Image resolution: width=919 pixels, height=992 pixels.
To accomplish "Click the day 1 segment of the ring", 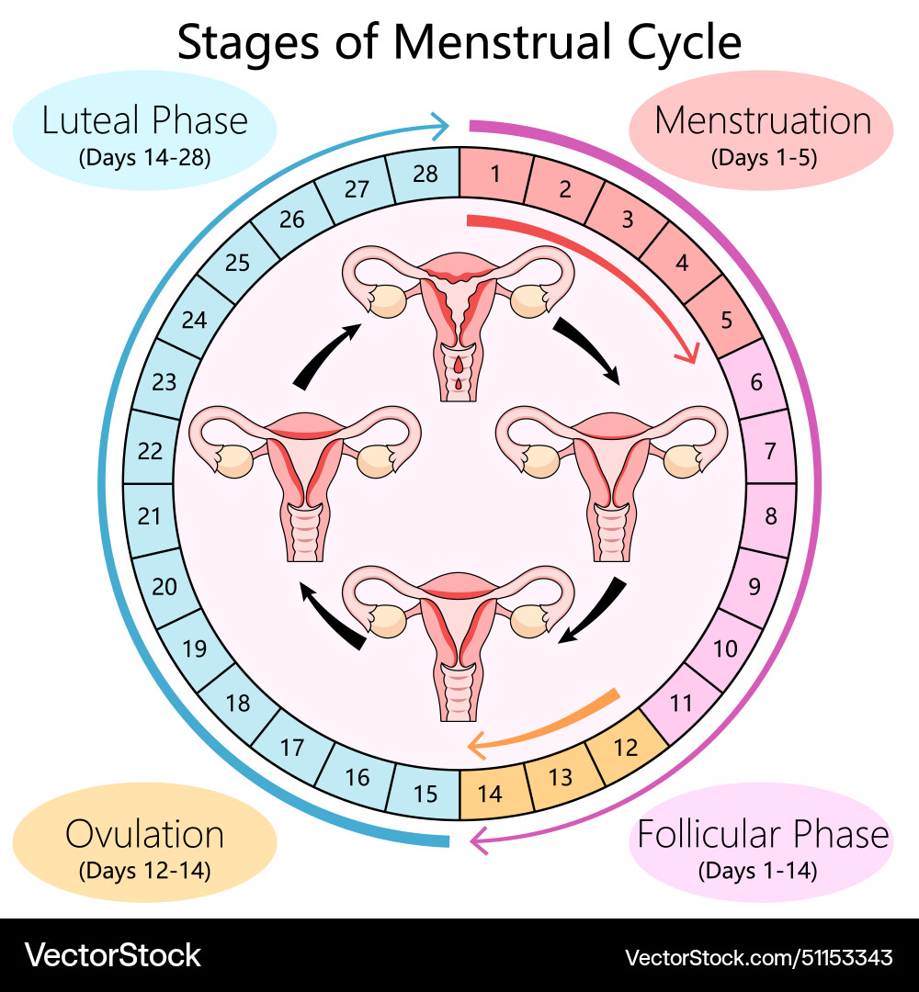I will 494,173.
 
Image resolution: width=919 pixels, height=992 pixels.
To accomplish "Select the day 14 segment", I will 491,793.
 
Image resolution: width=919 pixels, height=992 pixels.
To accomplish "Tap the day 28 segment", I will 425,173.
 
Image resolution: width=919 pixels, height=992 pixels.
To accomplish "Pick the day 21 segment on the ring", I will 150,516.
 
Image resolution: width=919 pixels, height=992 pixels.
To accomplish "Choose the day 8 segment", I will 770,516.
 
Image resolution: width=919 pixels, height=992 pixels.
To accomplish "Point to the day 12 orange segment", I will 626,747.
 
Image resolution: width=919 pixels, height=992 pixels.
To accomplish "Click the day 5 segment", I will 726,321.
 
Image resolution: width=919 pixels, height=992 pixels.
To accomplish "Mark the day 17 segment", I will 292,748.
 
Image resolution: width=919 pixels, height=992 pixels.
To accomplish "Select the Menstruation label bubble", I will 762,134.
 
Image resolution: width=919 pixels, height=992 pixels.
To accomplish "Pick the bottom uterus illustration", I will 459,634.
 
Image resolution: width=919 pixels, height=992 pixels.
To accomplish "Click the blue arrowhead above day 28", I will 438,123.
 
